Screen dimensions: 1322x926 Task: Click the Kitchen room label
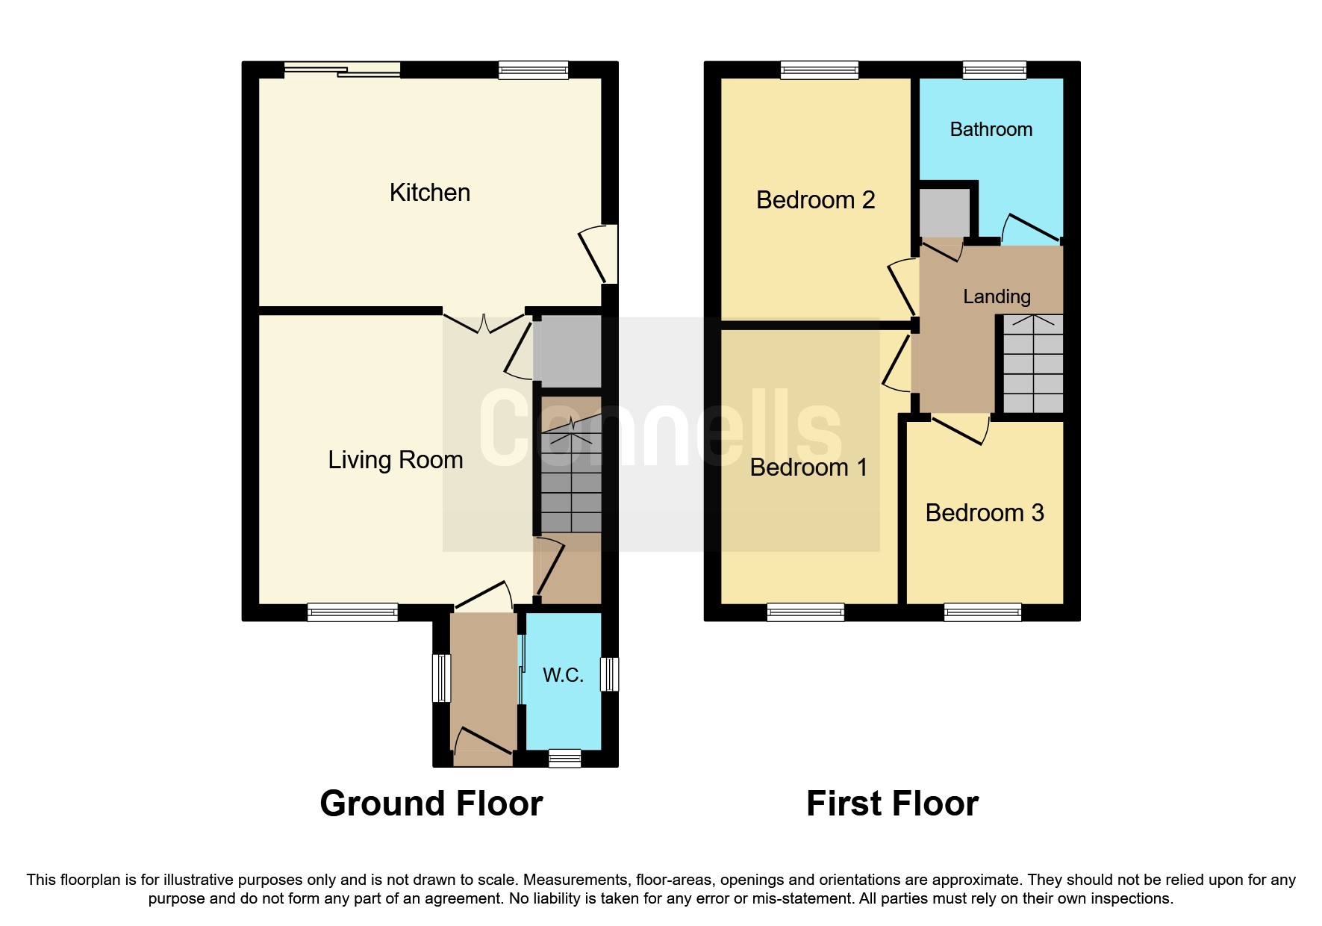click(x=430, y=193)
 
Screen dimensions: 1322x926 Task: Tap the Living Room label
click(x=396, y=460)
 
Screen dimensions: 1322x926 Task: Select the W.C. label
click(x=563, y=675)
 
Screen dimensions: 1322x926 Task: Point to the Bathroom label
click(x=991, y=129)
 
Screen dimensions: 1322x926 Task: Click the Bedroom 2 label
click(x=815, y=200)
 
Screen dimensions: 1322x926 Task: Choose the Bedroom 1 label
click(x=808, y=467)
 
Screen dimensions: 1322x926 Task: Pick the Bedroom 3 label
click(x=985, y=513)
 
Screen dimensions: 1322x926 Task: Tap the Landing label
click(x=997, y=296)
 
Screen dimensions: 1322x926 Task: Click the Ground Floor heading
click(x=431, y=804)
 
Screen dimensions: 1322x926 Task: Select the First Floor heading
click(x=892, y=804)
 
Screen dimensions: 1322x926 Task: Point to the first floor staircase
click(x=1033, y=364)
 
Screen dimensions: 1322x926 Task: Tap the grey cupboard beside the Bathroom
click(x=944, y=212)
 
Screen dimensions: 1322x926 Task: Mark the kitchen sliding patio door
click(x=343, y=70)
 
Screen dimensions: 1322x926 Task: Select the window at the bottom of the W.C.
click(x=564, y=759)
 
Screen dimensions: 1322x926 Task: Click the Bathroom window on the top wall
click(x=994, y=70)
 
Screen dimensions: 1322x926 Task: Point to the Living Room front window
click(x=352, y=612)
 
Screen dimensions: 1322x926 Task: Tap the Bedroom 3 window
click(x=982, y=612)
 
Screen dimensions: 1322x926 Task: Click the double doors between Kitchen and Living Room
click(x=484, y=323)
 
